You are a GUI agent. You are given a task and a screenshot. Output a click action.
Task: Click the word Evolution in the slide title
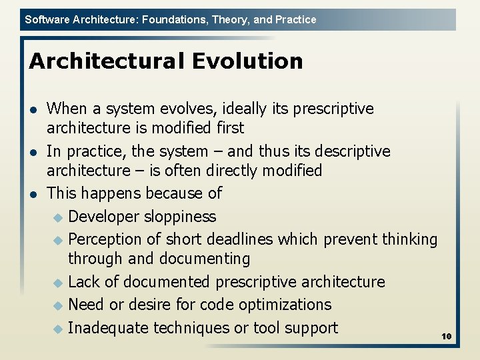coord(247,61)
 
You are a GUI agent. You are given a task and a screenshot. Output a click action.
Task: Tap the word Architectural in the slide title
coord(107,61)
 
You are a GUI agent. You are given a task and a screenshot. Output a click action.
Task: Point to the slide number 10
coord(447,337)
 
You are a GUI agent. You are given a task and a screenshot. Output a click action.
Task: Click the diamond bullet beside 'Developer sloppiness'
coord(57,217)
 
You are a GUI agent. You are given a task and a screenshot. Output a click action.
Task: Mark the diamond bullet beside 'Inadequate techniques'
coord(57,329)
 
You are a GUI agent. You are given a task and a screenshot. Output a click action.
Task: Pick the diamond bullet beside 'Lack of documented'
coord(57,283)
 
